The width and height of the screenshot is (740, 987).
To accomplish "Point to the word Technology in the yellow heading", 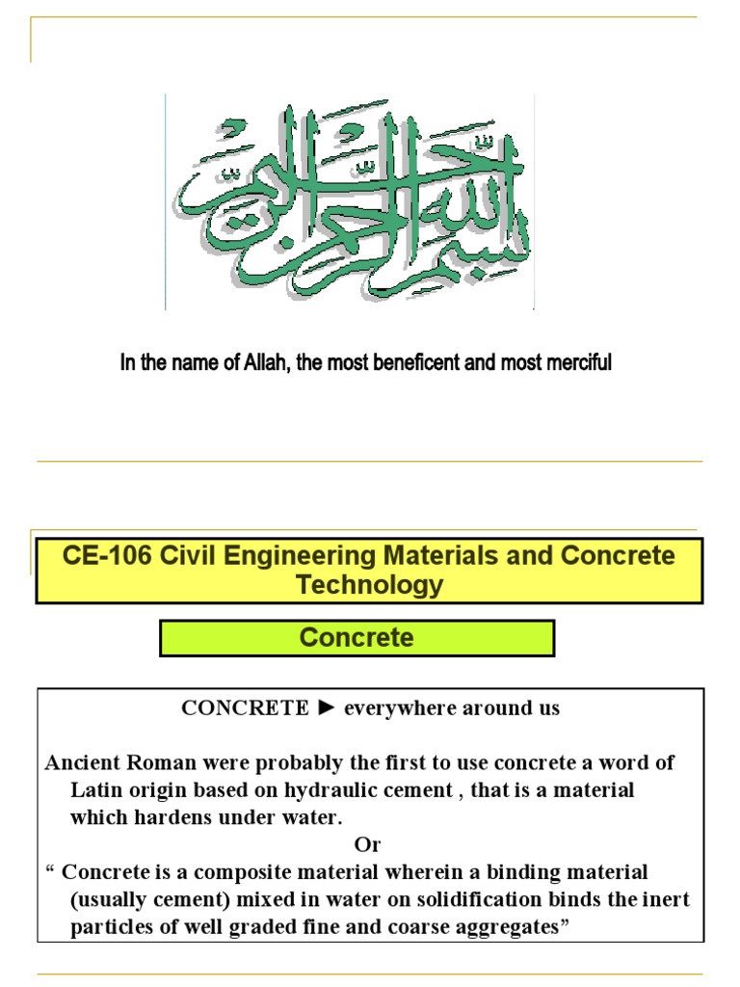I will [x=370, y=584].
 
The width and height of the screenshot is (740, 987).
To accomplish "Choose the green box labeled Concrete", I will [x=357, y=637].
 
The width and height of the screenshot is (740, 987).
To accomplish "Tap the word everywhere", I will [x=399, y=708].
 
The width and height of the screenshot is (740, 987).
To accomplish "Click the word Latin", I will [x=97, y=789].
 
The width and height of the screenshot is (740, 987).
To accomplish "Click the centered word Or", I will [x=368, y=844].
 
